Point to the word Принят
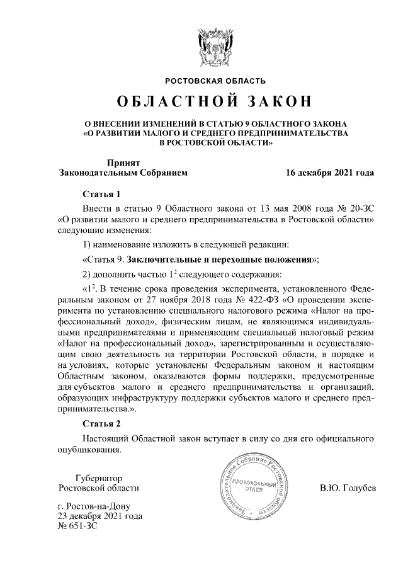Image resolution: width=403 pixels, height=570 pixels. pyautogui.click(x=123, y=162)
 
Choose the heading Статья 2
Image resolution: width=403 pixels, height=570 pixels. pyautogui.click(x=101, y=423)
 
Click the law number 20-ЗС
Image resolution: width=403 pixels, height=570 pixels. pyautogui.click(x=360, y=208)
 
